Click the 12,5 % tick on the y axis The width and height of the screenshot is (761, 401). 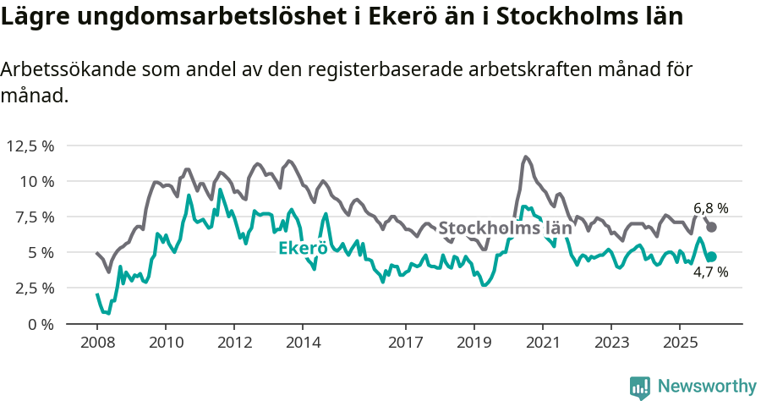[x=30, y=146]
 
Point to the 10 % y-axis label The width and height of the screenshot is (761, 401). [x=36, y=181]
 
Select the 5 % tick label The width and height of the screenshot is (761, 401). [x=40, y=252]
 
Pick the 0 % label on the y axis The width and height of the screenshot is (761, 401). [x=40, y=324]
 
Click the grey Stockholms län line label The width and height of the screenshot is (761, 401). [x=505, y=228]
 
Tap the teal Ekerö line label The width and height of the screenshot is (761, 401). [x=303, y=248]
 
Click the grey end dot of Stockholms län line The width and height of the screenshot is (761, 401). [x=712, y=227]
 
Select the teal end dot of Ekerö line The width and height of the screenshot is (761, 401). [x=712, y=256]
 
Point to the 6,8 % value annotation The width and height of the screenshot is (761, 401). [x=710, y=208]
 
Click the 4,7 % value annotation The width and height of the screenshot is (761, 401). [x=710, y=273]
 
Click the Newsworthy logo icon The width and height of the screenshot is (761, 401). [x=640, y=387]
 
